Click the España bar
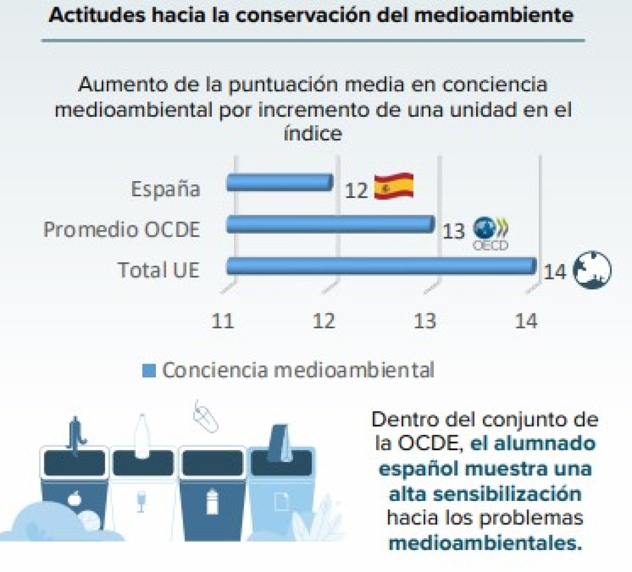[x=279, y=183]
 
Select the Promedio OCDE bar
[x=330, y=224]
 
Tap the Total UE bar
[x=381, y=266]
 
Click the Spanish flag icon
[x=393, y=187]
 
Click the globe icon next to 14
[x=591, y=270]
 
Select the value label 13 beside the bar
[x=453, y=231]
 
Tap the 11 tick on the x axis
[x=222, y=320]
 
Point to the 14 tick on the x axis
[x=526, y=320]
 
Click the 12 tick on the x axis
[x=323, y=320]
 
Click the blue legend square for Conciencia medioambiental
[x=149, y=371]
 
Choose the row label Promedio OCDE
[x=122, y=229]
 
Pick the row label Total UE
[x=159, y=270]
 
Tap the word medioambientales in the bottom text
[x=485, y=543]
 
